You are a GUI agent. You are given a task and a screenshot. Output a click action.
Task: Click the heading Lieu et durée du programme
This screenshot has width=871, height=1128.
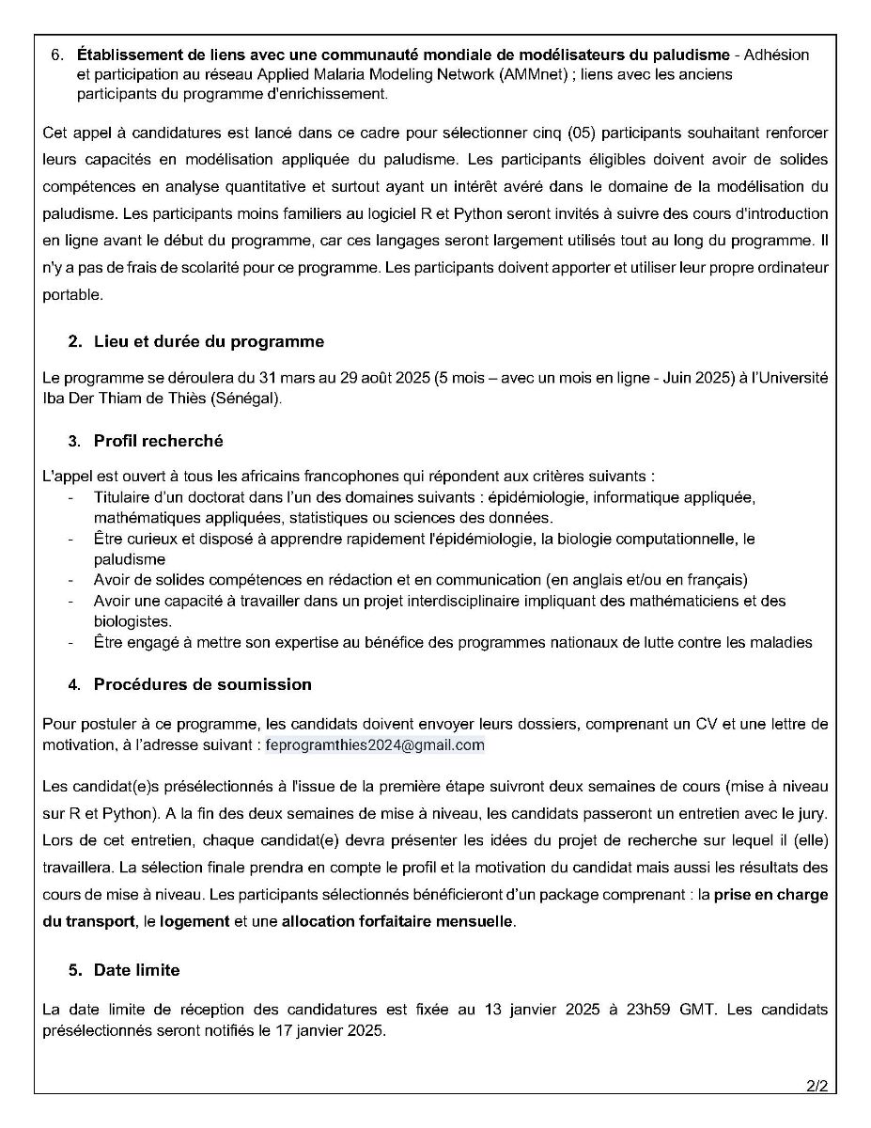point(208,341)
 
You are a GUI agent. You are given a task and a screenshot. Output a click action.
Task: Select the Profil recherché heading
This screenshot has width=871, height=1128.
point(158,441)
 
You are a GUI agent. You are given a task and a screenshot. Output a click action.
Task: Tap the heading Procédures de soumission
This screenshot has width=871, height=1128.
point(202,684)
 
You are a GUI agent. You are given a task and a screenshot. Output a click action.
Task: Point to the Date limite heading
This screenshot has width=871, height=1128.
point(136,970)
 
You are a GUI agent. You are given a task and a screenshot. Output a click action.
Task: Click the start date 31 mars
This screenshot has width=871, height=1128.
point(272,378)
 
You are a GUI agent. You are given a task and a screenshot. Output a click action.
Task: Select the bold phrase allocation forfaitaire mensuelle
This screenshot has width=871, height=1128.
point(397,921)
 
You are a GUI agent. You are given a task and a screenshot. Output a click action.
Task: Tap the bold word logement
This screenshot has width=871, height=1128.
point(194,921)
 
